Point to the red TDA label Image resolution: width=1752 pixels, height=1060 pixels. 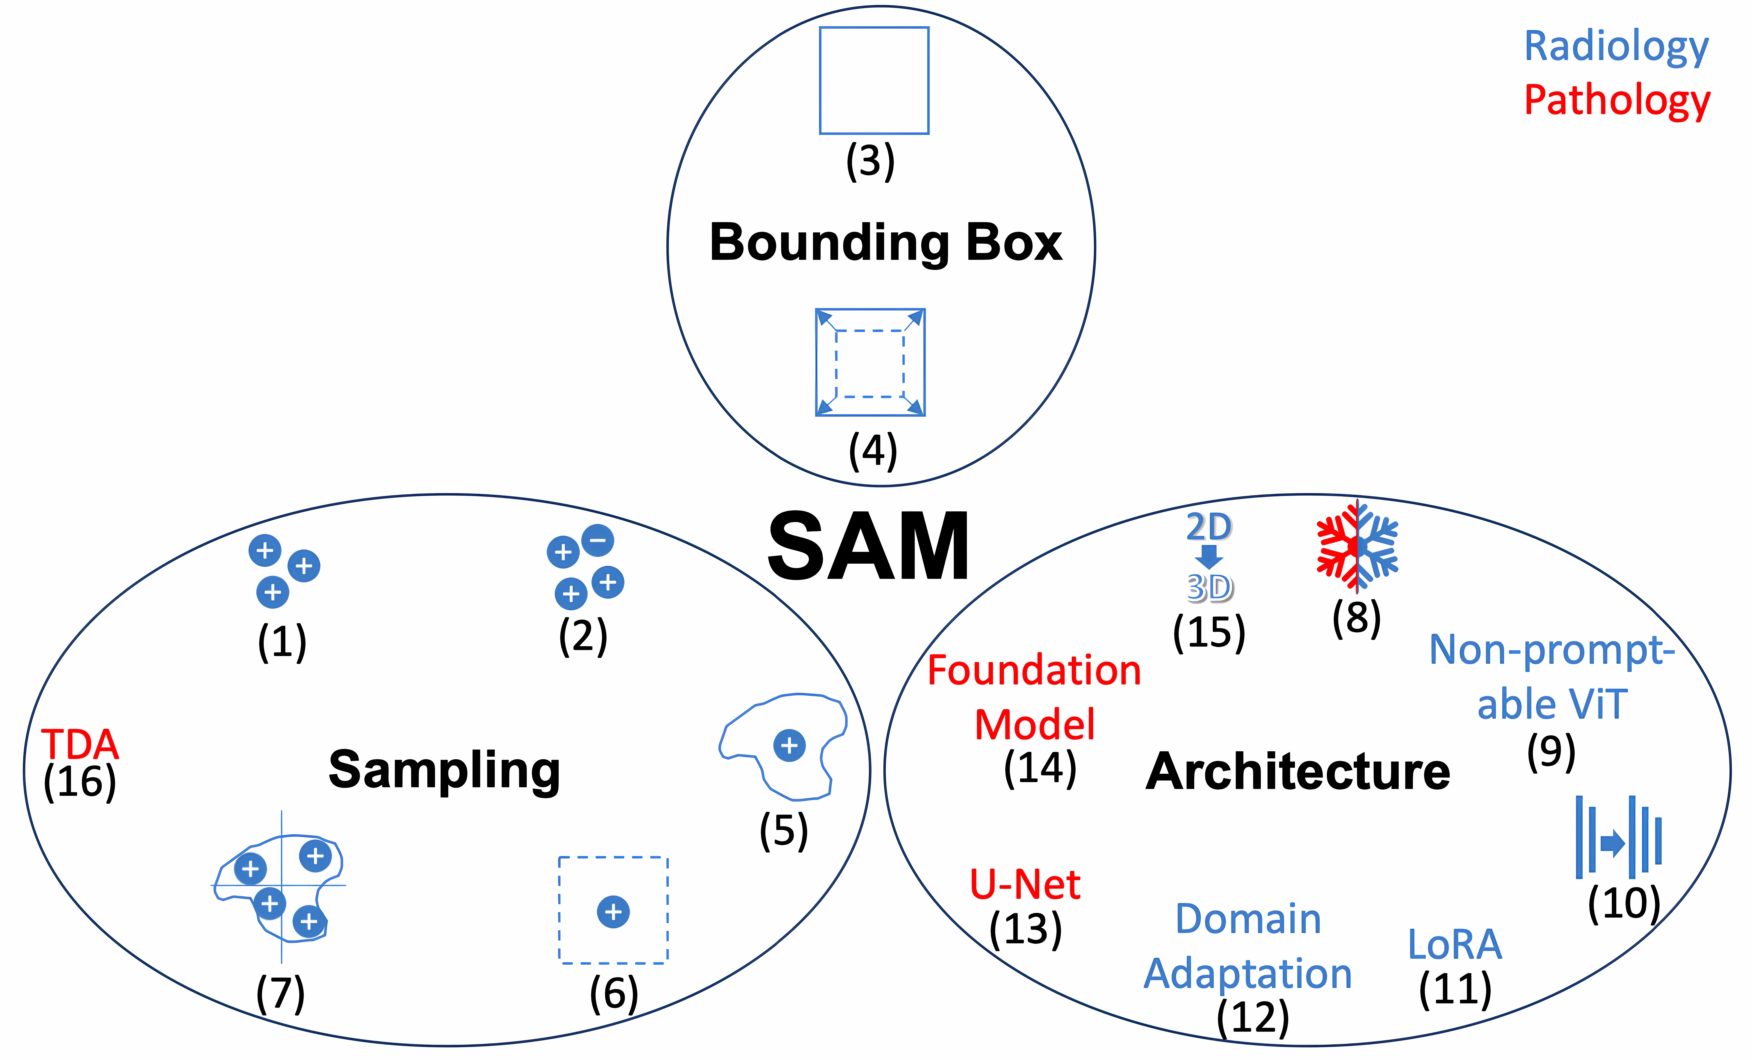click(x=80, y=744)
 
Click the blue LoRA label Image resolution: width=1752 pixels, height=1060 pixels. click(x=1455, y=944)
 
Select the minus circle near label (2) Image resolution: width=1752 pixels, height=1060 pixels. click(x=597, y=540)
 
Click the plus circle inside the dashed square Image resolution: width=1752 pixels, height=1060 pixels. click(x=613, y=911)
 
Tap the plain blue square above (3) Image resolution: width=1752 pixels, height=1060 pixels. click(x=874, y=80)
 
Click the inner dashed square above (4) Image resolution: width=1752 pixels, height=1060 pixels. click(x=870, y=363)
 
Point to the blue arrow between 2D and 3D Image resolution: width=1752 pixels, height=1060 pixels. click(x=1209, y=556)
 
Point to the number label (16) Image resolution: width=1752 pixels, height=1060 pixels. click(x=80, y=782)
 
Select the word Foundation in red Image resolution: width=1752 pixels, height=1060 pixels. click(x=1034, y=670)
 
